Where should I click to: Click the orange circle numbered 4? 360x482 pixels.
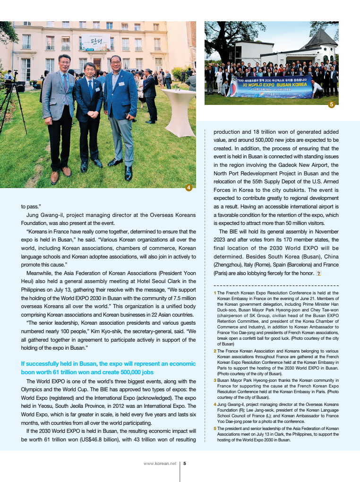(189, 188)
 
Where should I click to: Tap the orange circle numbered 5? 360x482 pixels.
(331, 104)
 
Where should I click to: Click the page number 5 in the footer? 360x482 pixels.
(184, 463)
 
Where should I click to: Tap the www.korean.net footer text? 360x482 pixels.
(160, 463)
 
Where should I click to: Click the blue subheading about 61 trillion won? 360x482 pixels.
(108, 368)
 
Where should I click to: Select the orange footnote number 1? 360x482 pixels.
(215, 293)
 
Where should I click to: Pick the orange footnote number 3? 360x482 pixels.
(215, 380)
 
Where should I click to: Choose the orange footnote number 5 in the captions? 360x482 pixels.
(215, 429)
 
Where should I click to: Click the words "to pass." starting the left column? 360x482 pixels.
(31, 207)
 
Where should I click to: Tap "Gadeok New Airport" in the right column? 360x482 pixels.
(311, 165)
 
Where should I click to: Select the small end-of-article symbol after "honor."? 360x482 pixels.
(319, 273)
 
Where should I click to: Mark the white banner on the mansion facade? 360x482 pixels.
(95, 43)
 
